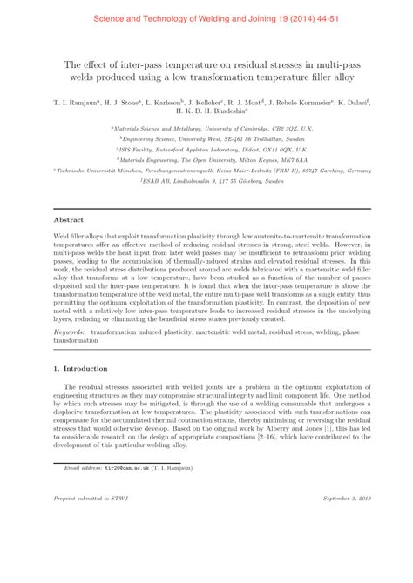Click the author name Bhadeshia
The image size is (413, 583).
pyautogui.click(x=230, y=111)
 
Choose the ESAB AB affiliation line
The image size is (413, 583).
pyautogui.click(x=207, y=180)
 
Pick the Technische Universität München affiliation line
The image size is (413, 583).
pyautogui.click(x=206, y=170)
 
